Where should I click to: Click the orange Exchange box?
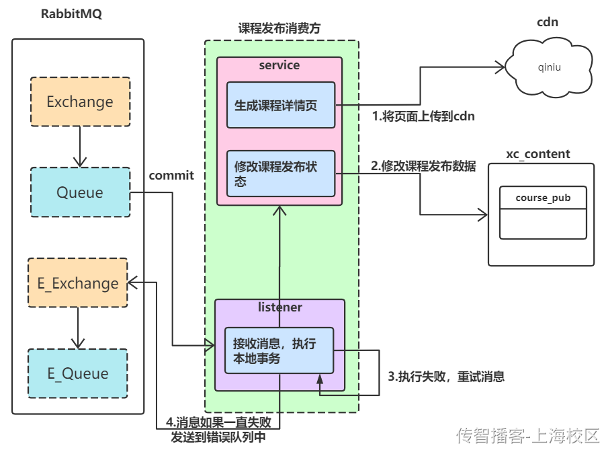(80, 102)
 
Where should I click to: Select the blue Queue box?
(80, 192)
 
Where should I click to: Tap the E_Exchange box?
(78, 283)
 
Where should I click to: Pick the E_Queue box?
(77, 373)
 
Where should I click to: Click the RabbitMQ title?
(71, 15)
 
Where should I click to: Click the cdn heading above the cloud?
(548, 22)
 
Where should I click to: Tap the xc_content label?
(538, 154)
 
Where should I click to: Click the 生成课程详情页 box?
(280, 105)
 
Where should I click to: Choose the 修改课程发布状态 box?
(280, 174)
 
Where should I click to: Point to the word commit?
(171, 176)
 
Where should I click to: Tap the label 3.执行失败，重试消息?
(446, 376)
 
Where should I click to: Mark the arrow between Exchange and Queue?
(80, 146)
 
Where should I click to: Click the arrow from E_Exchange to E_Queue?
(78, 328)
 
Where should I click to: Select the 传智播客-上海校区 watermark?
(527, 436)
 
